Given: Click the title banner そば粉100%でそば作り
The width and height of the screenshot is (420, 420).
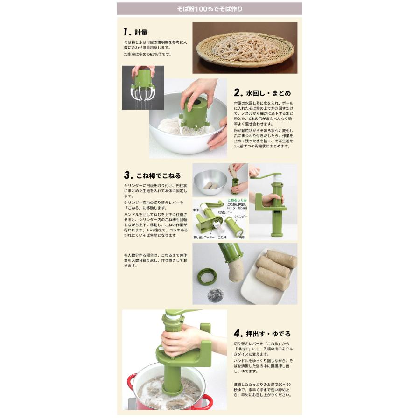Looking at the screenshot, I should click(x=210, y=9).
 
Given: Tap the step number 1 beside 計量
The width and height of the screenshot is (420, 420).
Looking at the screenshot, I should click(x=126, y=32).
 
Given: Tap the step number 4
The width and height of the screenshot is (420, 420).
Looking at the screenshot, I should click(x=238, y=333).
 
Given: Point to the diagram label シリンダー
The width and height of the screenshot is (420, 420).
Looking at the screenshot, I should click(x=241, y=217).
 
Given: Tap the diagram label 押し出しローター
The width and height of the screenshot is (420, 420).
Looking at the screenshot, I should click(x=204, y=238).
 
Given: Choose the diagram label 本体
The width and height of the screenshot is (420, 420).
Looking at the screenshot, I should click(x=196, y=211).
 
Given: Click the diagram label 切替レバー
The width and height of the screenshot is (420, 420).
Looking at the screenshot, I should click(x=224, y=213).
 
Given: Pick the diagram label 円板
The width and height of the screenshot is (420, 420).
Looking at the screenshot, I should click(x=242, y=237).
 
